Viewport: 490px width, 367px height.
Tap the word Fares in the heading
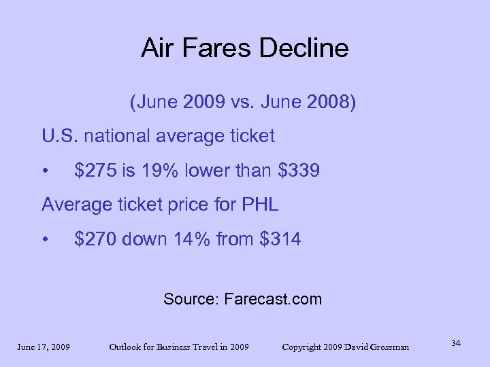click(x=220, y=48)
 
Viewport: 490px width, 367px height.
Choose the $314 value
click(x=280, y=239)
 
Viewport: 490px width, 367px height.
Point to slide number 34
click(x=455, y=343)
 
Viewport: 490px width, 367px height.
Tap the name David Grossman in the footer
click(x=378, y=347)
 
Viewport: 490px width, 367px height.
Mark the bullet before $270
click(x=44, y=239)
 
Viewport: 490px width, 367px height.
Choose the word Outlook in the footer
click(x=128, y=347)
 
